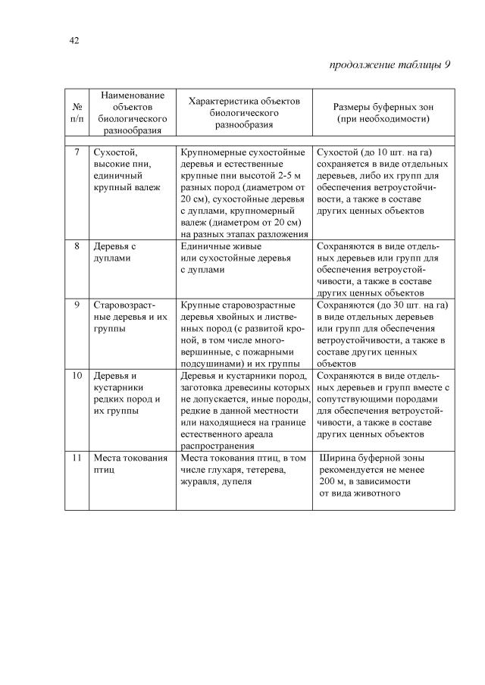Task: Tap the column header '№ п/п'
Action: [x=77, y=113]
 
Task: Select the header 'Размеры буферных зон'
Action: [x=383, y=107]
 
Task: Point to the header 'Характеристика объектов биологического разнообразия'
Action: [x=244, y=113]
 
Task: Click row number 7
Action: [x=77, y=153]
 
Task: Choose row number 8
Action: [x=77, y=246]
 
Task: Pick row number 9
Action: [x=77, y=305]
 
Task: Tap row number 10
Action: [x=77, y=375]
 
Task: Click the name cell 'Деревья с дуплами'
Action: [x=114, y=252]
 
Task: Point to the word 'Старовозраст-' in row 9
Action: [x=124, y=305]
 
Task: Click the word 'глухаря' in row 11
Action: [x=226, y=470]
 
